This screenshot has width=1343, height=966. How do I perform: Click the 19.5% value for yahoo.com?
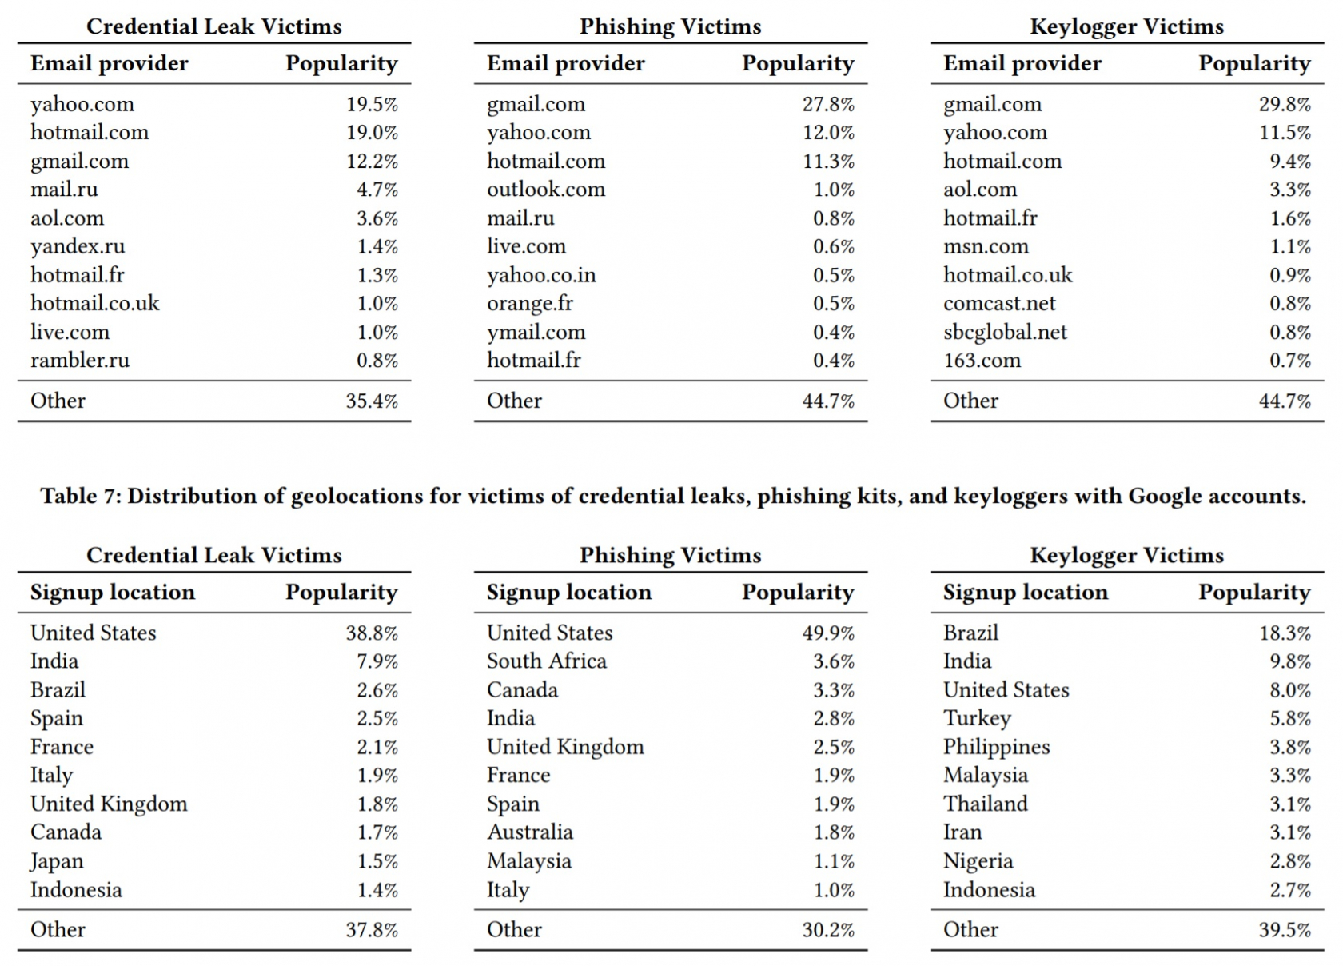(372, 104)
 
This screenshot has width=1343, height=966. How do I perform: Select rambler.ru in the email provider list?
(80, 361)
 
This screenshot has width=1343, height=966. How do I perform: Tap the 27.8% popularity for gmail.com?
(828, 104)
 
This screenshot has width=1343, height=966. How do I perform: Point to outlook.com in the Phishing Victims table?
(545, 190)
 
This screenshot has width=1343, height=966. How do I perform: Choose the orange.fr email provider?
(529, 304)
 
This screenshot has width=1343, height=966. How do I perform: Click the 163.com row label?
(982, 361)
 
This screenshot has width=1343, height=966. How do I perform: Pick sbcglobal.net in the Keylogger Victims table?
(1005, 332)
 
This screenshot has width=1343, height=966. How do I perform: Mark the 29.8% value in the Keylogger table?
(1285, 104)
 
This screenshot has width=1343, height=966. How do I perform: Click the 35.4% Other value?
(372, 401)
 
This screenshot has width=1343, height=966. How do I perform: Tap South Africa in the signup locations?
(546, 661)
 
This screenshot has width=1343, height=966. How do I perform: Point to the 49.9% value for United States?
(828, 633)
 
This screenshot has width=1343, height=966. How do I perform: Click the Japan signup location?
(57, 862)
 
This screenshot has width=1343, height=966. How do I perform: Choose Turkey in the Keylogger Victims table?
(977, 718)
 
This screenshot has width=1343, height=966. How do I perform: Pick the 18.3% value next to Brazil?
(1285, 633)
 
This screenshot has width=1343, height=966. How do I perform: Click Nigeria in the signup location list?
(978, 862)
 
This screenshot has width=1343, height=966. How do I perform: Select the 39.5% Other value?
(1285, 929)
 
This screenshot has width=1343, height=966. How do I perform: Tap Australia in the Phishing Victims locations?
(530, 832)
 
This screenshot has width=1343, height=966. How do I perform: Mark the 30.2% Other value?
(828, 929)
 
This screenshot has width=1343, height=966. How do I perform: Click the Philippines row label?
(996, 747)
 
